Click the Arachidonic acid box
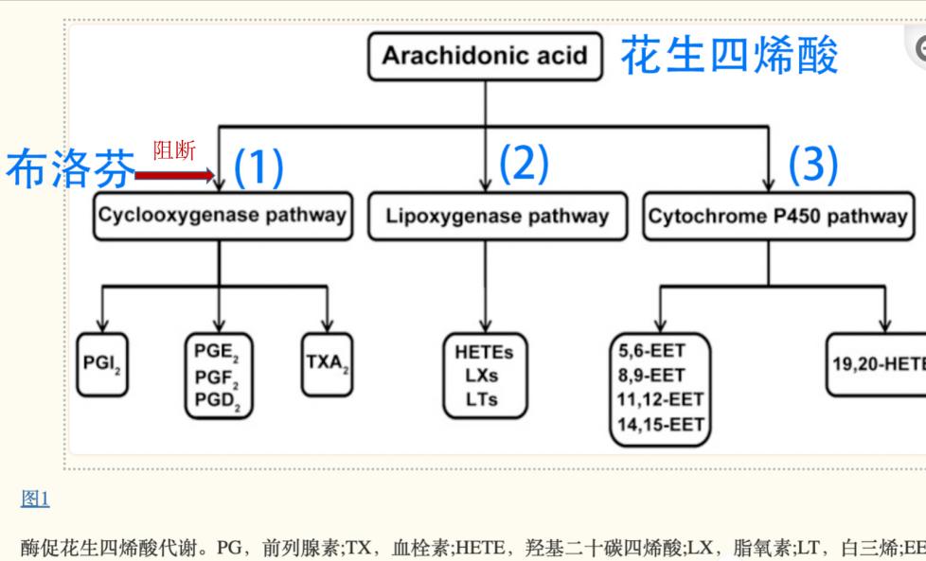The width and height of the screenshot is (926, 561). coord(485,56)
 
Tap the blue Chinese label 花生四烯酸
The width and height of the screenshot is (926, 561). coord(729,56)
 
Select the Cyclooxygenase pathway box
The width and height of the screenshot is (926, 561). coord(222,216)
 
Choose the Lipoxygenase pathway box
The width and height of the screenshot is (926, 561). coord(497,216)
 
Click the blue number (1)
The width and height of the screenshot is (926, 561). coord(258,167)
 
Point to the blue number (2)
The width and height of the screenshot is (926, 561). coord(524,164)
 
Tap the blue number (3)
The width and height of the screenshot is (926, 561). coord(813,166)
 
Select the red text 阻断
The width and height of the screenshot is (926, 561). coord(174,150)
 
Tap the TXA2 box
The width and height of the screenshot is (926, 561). coord(328,363)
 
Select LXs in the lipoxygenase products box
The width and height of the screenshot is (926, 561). coord(483,376)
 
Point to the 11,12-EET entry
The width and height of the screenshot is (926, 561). coord(660,400)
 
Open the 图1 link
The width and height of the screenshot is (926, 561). coord(35,499)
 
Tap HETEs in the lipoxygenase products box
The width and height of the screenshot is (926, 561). coord(484,352)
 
